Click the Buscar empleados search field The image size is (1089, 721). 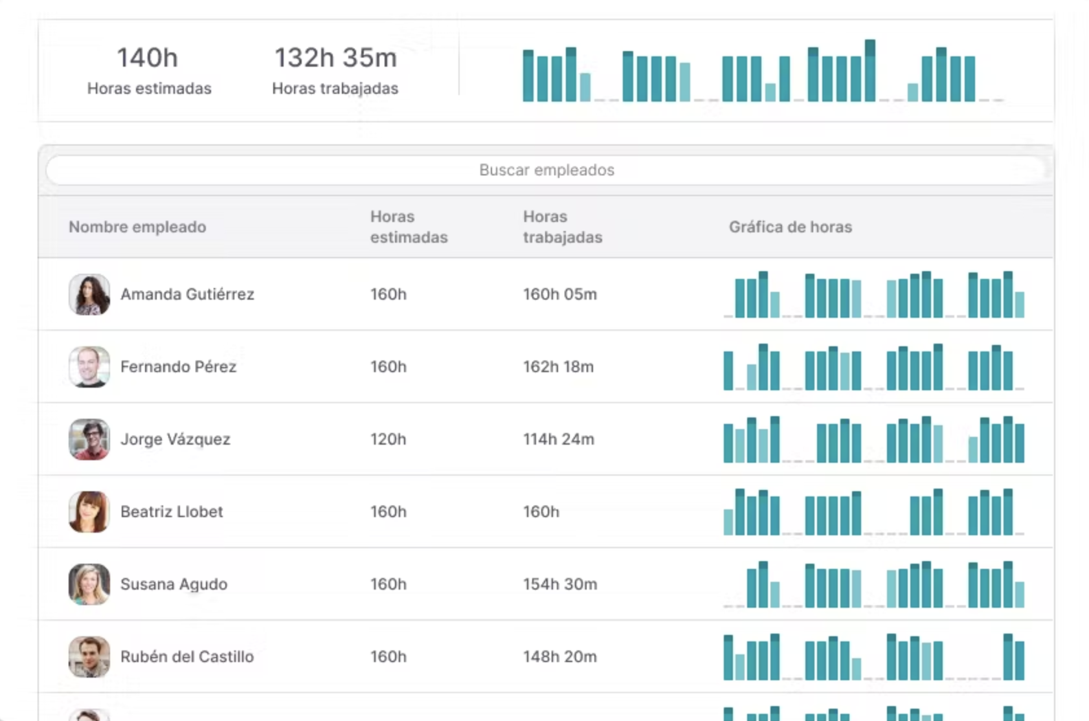coord(546,170)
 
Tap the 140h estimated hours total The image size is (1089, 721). coord(148,58)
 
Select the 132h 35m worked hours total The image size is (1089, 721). coord(335,58)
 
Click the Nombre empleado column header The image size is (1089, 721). coord(137,227)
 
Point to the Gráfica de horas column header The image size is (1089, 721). coord(790,227)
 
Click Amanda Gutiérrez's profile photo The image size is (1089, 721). coord(89,294)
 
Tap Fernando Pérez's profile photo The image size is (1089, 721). coord(89,367)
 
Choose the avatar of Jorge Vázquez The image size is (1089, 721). coord(89,439)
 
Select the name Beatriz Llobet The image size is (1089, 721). coord(172,512)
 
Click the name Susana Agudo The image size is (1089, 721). coord(174,584)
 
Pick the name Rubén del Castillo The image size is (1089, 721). coord(186,657)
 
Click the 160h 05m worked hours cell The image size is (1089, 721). coord(559,294)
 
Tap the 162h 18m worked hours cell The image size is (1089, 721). coord(558,367)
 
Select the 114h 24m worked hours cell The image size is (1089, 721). coord(558,439)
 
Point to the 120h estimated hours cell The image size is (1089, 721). coord(388,439)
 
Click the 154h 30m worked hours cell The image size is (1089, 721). coord(559,584)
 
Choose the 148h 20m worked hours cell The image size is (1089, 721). coord(559,657)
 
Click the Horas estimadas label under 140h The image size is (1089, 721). coord(149,89)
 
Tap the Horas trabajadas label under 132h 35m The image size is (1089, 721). coord(335,89)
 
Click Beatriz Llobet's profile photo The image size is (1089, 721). coord(89,512)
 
